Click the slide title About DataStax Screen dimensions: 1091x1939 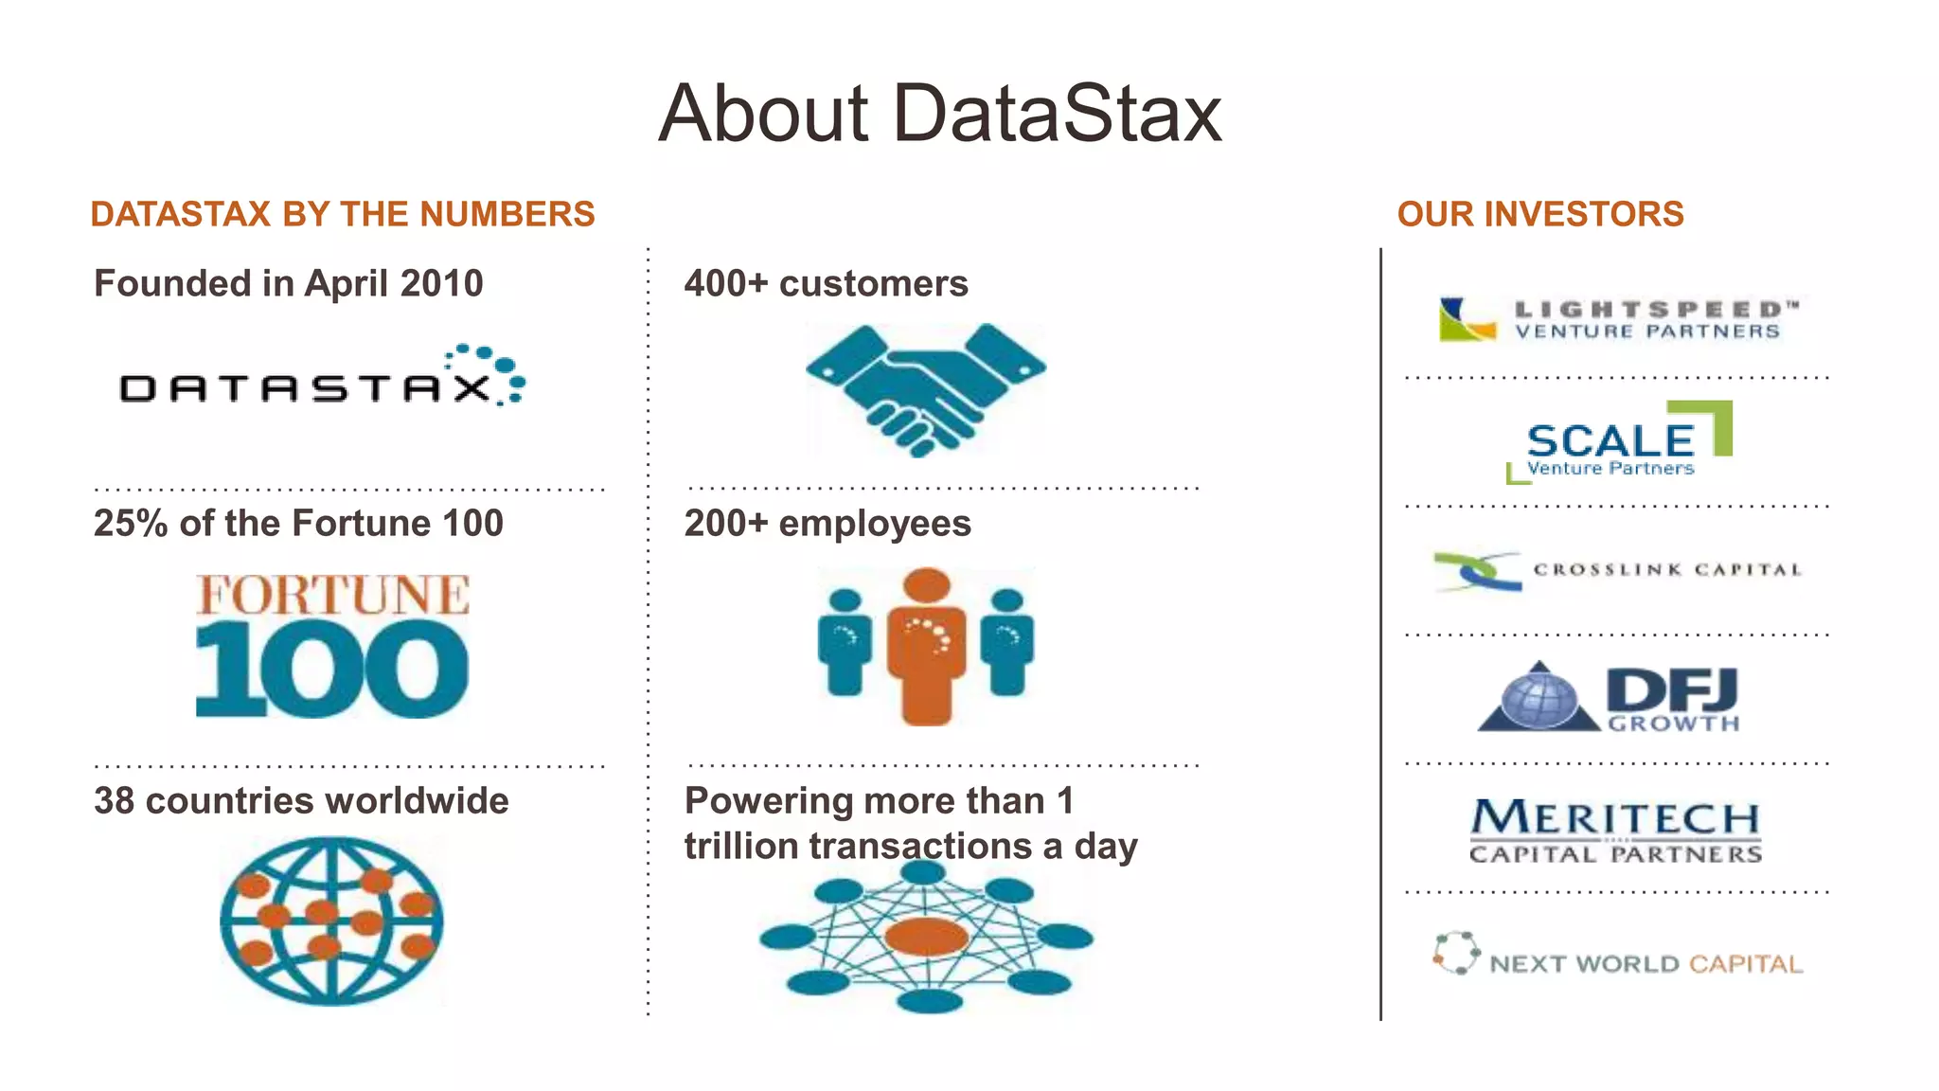[939, 114]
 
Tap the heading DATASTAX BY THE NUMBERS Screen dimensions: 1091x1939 [343, 214]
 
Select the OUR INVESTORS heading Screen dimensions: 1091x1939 [1540, 214]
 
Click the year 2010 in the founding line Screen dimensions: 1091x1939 [441, 283]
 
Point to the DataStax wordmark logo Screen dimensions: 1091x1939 [322, 379]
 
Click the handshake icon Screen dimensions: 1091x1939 [925, 388]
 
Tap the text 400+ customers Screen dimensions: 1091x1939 [826, 283]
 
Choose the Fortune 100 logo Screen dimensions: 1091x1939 [331, 646]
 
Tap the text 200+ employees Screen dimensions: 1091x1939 [827, 523]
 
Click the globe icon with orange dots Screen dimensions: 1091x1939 [331, 921]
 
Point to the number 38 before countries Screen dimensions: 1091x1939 [114, 801]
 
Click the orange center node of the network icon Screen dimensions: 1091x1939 [926, 938]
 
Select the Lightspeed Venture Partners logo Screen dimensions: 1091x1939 [1617, 320]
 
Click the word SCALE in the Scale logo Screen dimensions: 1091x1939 [1610, 440]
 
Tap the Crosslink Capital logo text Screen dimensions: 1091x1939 [1666, 570]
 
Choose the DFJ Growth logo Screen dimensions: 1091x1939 [1610, 699]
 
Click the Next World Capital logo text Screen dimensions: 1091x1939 [1645, 964]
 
